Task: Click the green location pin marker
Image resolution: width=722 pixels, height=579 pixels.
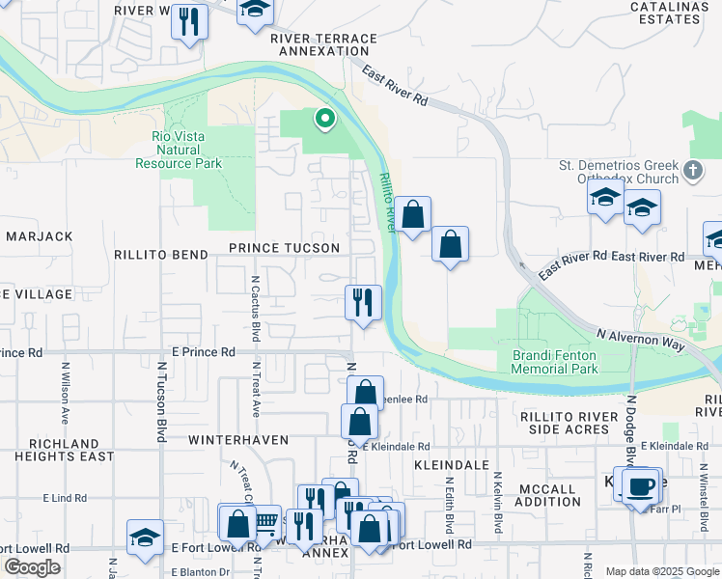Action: pyautogui.click(x=325, y=120)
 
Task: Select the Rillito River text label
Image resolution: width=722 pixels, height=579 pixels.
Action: pyautogui.click(x=386, y=201)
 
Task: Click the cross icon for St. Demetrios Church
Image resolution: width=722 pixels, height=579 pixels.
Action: pyautogui.click(x=692, y=171)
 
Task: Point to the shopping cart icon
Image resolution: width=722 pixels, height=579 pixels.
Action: pyautogui.click(x=267, y=522)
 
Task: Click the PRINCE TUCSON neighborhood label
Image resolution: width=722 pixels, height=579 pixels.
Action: pyautogui.click(x=284, y=248)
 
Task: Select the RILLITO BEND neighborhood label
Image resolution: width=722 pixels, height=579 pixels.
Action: pyautogui.click(x=160, y=255)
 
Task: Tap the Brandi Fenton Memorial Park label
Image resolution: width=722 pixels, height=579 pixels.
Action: pyautogui.click(x=554, y=362)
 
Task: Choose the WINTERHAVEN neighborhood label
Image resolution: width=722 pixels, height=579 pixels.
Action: pyautogui.click(x=237, y=439)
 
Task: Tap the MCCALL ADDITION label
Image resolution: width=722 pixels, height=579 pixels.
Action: pyautogui.click(x=548, y=495)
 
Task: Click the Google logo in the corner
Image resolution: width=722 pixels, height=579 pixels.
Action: pyautogui.click(x=32, y=567)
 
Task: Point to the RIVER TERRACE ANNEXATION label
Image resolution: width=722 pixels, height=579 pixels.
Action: pyautogui.click(x=323, y=44)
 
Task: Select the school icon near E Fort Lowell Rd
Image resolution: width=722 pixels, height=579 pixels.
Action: pyautogui.click(x=145, y=538)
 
